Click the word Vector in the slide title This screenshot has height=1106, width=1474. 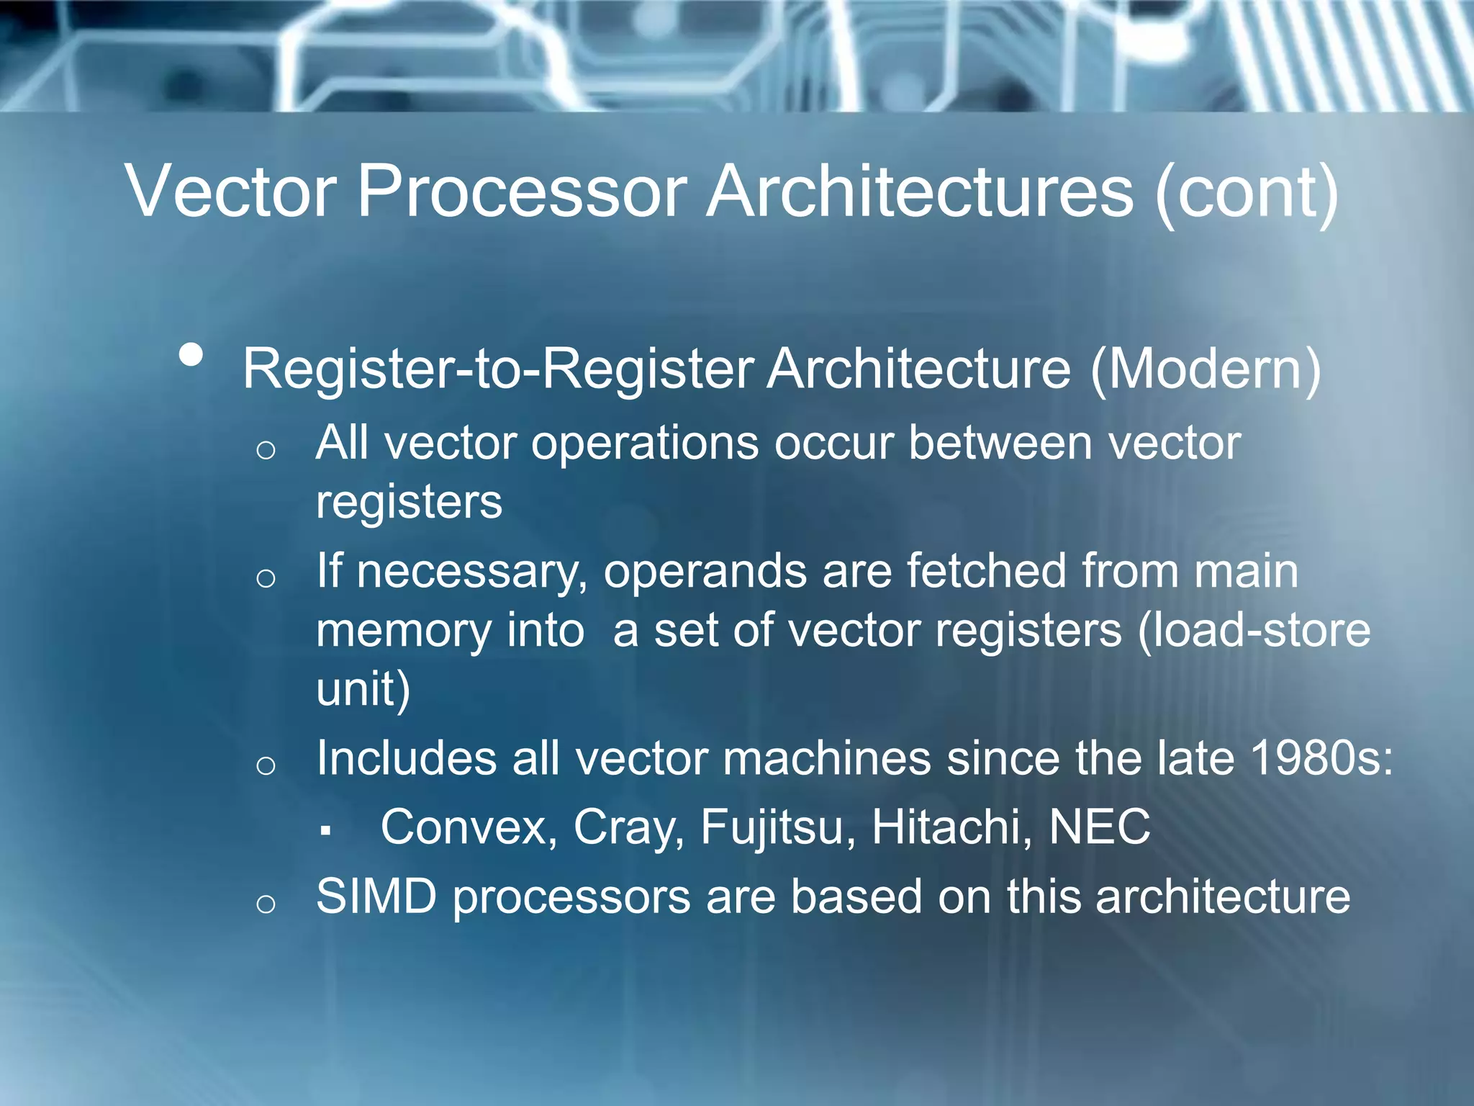pos(230,191)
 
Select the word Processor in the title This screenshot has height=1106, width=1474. pos(523,191)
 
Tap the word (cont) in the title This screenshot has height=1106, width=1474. pos(1247,193)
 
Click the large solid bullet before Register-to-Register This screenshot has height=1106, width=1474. pos(191,354)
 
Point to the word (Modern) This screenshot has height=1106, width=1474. pos(1206,369)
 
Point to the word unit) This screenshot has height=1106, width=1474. pos(363,689)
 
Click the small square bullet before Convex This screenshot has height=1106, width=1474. pos(326,832)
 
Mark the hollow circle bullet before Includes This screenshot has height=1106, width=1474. pos(266,765)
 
